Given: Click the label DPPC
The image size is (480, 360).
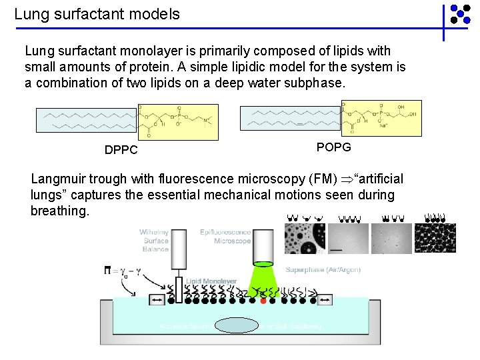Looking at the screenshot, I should [121, 150].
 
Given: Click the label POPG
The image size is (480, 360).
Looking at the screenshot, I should [333, 147].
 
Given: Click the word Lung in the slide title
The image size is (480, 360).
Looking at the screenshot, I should [29, 13].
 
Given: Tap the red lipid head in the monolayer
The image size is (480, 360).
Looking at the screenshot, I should [263, 301].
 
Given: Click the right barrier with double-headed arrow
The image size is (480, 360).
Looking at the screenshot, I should [325, 301].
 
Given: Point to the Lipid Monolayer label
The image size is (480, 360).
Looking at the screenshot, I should [211, 281].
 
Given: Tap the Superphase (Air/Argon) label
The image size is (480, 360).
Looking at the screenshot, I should [323, 269].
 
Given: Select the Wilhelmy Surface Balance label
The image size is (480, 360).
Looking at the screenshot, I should [155, 241].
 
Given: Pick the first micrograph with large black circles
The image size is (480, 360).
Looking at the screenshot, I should [305, 239].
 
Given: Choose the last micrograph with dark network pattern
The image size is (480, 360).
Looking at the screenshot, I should [435, 239].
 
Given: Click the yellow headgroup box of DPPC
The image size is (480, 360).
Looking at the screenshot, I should [178, 121].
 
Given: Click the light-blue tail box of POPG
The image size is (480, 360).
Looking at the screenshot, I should [289, 118].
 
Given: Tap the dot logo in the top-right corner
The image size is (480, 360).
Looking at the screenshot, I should [459, 15].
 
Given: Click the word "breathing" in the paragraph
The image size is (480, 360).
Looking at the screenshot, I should [59, 211].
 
